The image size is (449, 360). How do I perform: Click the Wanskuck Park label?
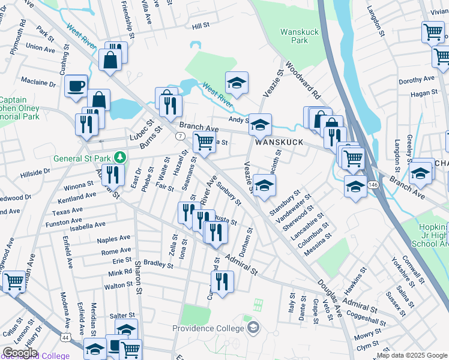[294, 36]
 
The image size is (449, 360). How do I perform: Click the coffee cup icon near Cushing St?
[76, 85]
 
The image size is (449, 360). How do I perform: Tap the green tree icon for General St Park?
[121, 158]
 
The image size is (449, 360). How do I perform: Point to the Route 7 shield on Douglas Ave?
[180, 136]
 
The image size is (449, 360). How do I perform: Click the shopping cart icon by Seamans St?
[204, 143]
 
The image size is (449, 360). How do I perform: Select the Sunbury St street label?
[228, 193]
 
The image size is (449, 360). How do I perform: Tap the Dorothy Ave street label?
[416, 79]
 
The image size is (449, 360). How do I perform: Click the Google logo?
[20, 353]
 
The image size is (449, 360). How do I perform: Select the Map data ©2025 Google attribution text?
[412, 355]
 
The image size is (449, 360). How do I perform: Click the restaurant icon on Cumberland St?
[223, 282]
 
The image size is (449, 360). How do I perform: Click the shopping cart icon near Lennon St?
[14, 281]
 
